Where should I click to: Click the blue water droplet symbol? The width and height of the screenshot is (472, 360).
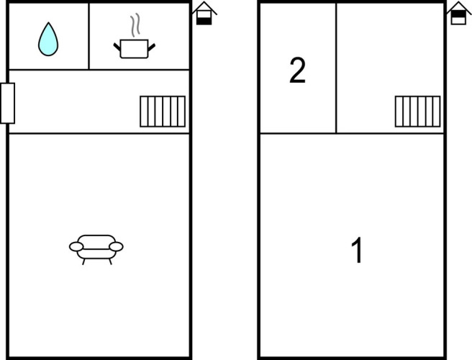pos(48,39)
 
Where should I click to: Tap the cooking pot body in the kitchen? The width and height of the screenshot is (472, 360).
pos(134,49)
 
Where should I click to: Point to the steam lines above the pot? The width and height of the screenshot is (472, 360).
pos(135,24)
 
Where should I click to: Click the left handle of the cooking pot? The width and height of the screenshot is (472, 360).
pos(117,47)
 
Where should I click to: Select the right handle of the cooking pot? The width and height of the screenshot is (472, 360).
pos(151,48)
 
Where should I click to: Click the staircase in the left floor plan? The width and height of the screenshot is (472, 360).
pos(163,112)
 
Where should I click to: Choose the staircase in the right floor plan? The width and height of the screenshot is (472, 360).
pos(417,112)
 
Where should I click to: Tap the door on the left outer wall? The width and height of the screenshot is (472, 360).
pos(7,103)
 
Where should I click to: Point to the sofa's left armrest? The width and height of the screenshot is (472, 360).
pos(76,247)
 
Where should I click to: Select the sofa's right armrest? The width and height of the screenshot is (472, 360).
pos(116,247)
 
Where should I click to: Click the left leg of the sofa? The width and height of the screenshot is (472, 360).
pos(83,261)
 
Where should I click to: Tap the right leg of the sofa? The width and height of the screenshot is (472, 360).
pos(110,261)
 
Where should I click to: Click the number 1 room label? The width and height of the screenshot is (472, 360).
pos(357,250)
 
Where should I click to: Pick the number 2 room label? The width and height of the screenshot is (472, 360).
pos(297,71)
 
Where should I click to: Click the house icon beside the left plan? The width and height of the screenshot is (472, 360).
pos(204,13)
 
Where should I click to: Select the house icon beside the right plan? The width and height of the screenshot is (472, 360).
pos(459,13)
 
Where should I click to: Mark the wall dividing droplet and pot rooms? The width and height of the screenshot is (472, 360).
pos(89,37)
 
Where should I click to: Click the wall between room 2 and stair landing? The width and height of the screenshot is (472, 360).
pos(336,68)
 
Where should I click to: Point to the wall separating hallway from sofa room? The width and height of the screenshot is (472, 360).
pos(99,133)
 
